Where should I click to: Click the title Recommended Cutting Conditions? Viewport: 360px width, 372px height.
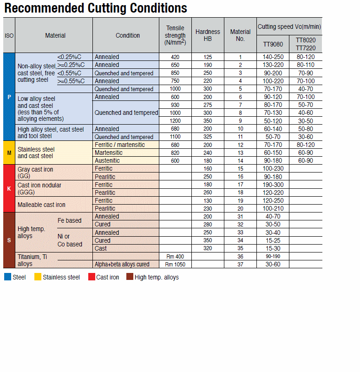(96, 8)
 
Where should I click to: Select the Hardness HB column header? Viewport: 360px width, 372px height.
(208, 35)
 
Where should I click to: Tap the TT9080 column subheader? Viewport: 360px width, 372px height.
(273, 44)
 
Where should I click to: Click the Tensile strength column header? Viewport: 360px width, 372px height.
(175, 35)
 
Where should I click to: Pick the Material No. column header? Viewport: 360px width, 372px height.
(240, 35)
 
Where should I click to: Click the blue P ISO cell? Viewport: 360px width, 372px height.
(9, 97)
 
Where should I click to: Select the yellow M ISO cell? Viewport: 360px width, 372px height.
(9, 153)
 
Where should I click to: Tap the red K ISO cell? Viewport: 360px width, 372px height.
(9, 188)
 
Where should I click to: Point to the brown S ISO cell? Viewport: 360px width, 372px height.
(9, 240)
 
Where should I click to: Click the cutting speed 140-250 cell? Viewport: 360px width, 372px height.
(273, 57)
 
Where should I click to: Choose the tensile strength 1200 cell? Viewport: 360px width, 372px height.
(175, 121)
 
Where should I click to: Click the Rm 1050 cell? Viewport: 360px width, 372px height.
(175, 265)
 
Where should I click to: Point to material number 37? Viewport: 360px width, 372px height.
(240, 265)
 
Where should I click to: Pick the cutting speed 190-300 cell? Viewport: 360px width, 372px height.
(273, 185)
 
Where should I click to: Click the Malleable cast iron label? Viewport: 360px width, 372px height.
(41, 205)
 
